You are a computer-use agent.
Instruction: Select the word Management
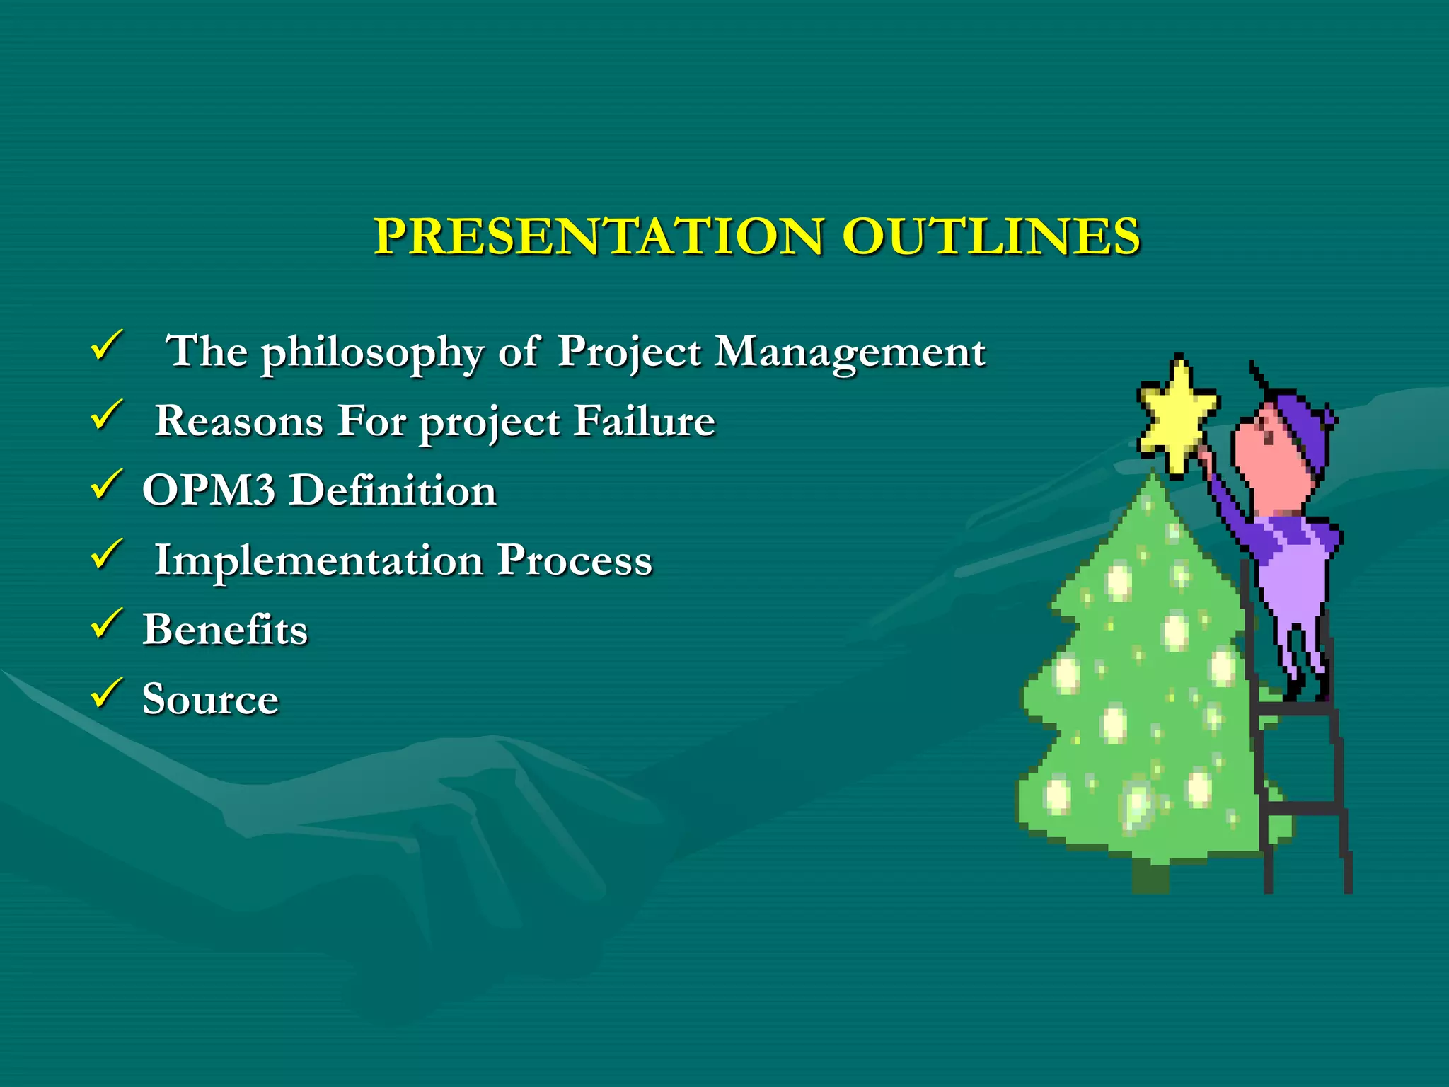(849, 352)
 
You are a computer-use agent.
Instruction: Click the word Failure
(644, 421)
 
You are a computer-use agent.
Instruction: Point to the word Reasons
(239, 421)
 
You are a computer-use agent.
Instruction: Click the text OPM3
(209, 490)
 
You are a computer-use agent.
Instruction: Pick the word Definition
(393, 490)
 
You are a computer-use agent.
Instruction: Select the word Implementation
(319, 560)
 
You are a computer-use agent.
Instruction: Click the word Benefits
(225, 629)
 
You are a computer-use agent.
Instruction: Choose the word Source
(210, 699)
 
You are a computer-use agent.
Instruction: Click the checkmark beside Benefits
(107, 623)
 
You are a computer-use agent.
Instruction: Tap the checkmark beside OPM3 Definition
(107, 485)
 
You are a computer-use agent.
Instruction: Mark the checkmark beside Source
(107, 693)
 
